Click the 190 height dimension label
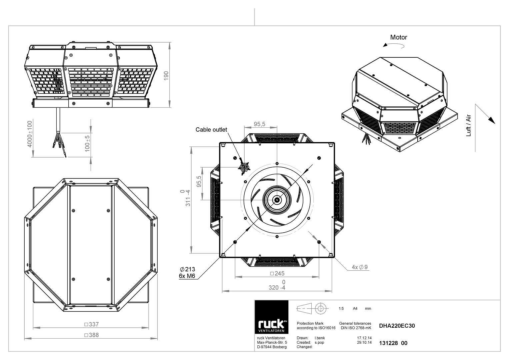(x=166, y=76)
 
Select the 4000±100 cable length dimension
(x=30, y=134)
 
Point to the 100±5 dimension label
(x=87, y=144)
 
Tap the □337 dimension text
(x=91, y=324)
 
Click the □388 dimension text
(x=91, y=335)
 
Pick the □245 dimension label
(x=277, y=273)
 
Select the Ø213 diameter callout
(x=187, y=269)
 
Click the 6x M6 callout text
(x=187, y=276)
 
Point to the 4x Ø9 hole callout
(x=360, y=267)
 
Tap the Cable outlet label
(x=211, y=130)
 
